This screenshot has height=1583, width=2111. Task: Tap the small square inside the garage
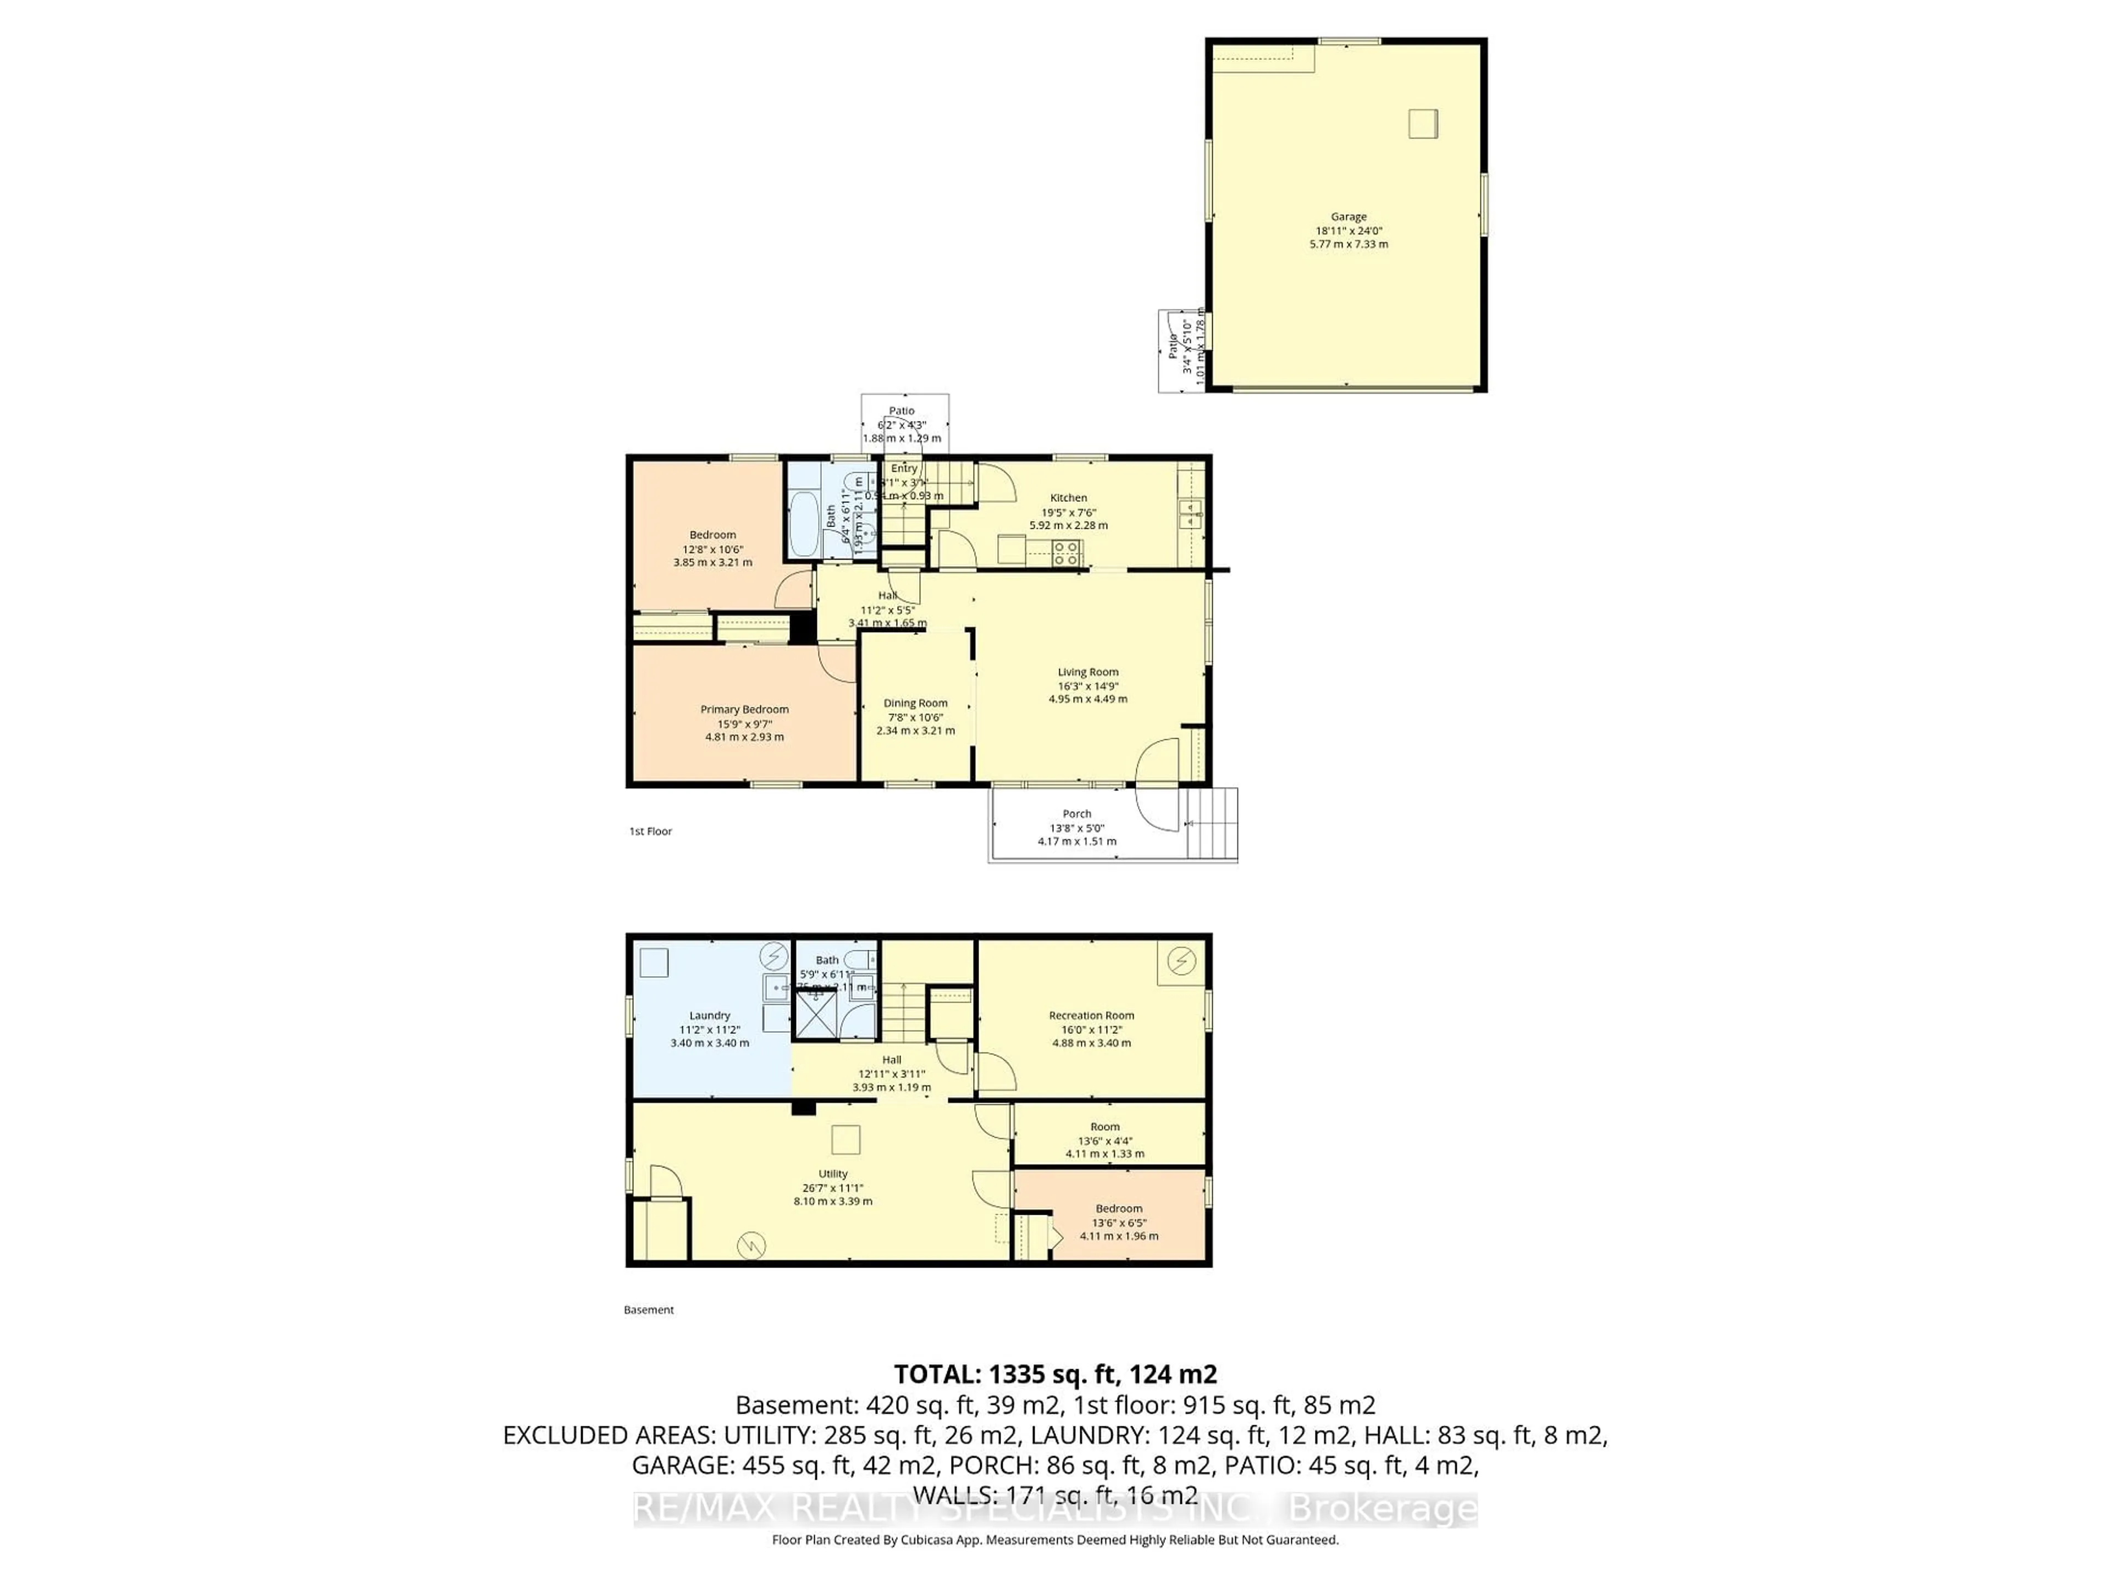pos(1422,124)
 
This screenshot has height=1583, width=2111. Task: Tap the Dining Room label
pos(915,703)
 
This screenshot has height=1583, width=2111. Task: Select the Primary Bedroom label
pos(744,709)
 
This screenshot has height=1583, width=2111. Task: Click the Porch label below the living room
pos(1076,814)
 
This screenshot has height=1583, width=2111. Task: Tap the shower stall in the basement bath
pos(816,1014)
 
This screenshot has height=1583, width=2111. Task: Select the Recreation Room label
pos(1091,1015)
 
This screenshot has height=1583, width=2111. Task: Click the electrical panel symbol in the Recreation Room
pos(1181,962)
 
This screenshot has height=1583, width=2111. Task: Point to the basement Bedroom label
pos(1119,1208)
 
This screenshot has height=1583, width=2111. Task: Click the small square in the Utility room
pos(845,1141)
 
